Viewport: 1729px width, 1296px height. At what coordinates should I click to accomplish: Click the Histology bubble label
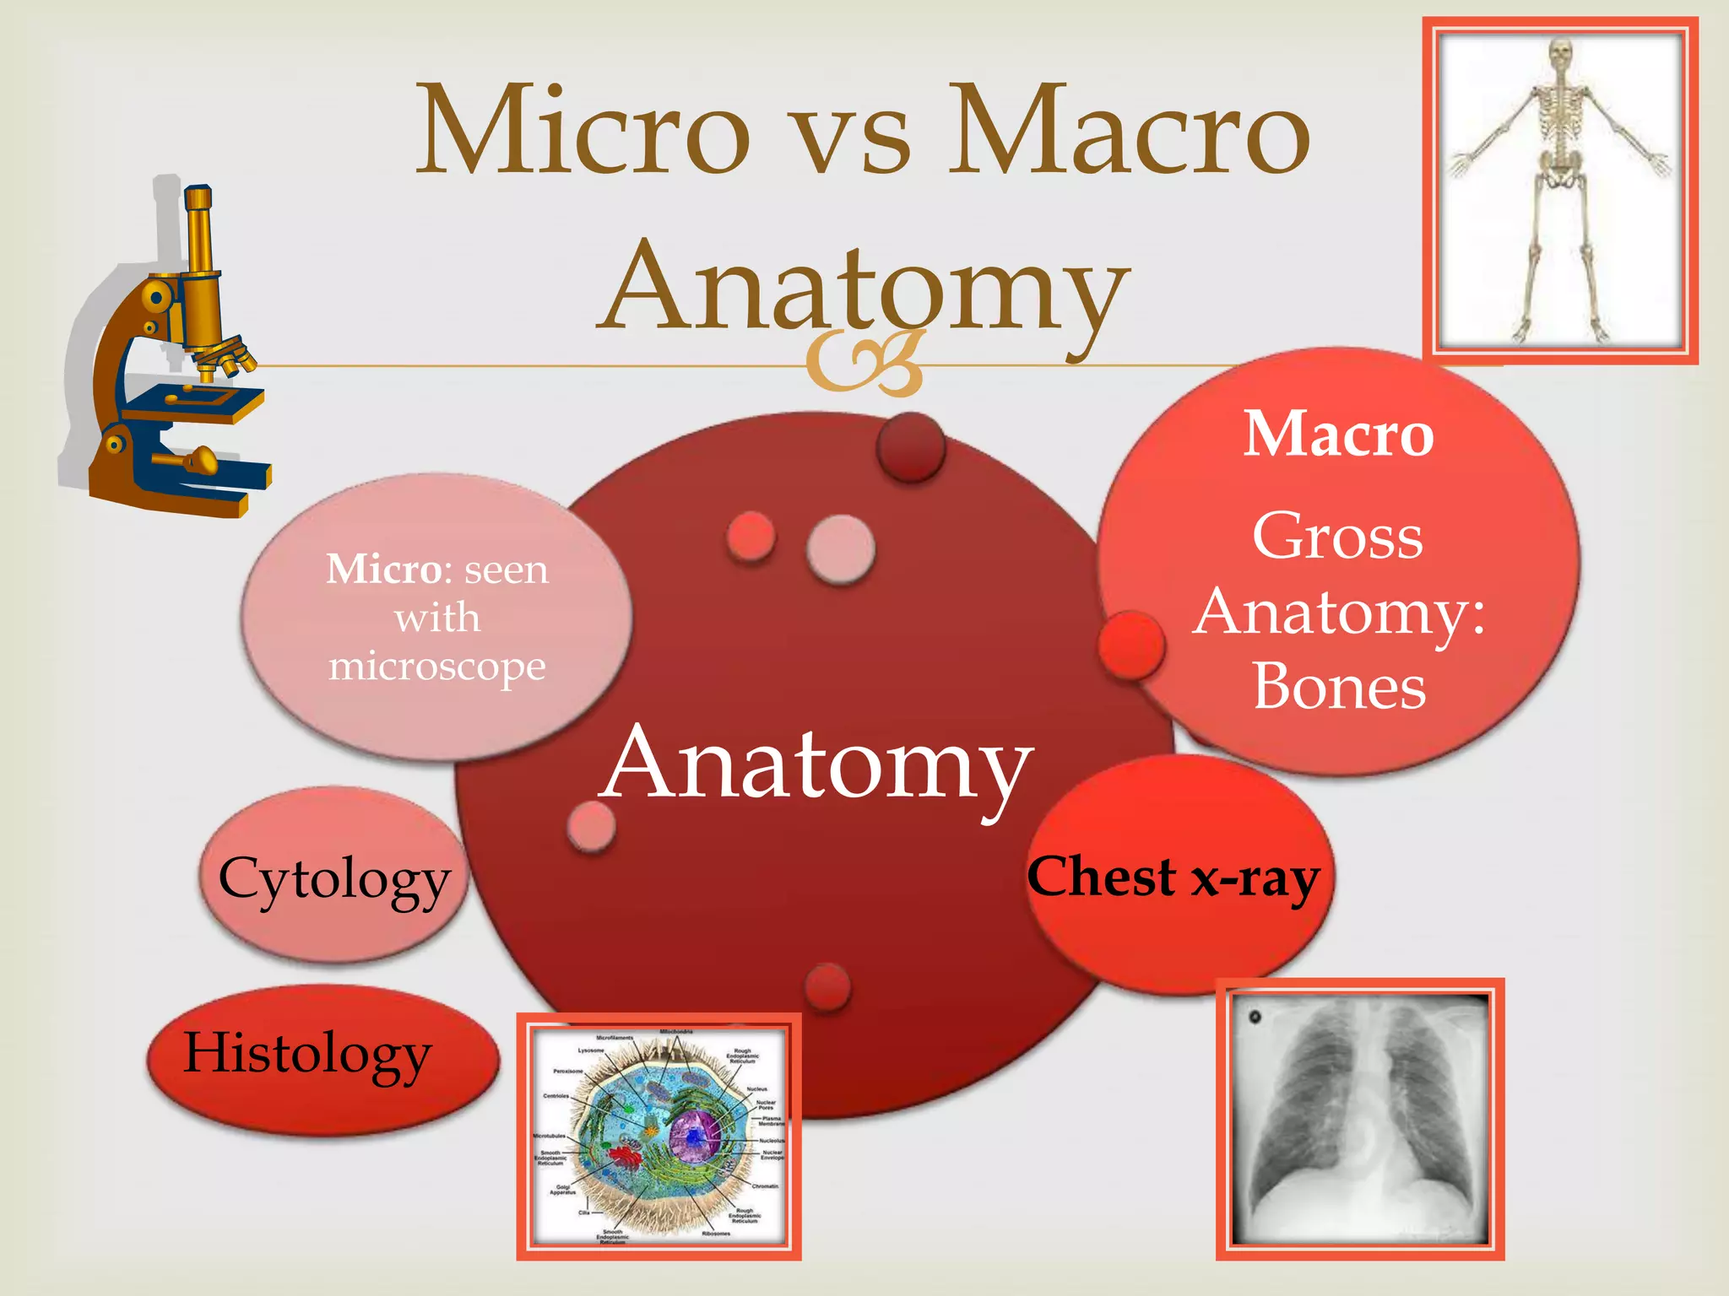(x=307, y=1055)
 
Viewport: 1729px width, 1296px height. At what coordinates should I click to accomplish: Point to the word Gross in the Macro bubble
(x=1337, y=537)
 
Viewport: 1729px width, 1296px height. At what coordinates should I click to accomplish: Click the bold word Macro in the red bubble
(x=1339, y=435)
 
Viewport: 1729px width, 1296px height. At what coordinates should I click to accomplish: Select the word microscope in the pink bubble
(x=437, y=667)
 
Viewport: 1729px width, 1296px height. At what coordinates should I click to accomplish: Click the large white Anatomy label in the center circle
(x=817, y=764)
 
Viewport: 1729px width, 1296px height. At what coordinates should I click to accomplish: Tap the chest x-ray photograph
(x=1360, y=1119)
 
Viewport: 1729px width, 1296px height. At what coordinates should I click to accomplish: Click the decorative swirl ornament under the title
(x=863, y=363)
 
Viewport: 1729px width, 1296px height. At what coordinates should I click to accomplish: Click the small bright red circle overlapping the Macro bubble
(x=1131, y=645)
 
